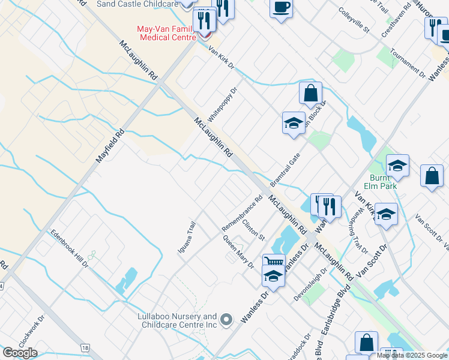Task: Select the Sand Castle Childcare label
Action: coord(137,4)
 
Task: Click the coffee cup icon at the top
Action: coord(281,8)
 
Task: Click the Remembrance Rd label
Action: coord(242,214)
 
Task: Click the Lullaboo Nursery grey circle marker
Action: coord(226,320)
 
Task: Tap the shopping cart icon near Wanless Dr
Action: coord(274,262)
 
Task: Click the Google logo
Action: coord(20,353)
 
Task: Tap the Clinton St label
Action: coord(253,230)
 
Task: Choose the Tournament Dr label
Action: coord(407,68)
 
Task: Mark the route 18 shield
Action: coord(86,348)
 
